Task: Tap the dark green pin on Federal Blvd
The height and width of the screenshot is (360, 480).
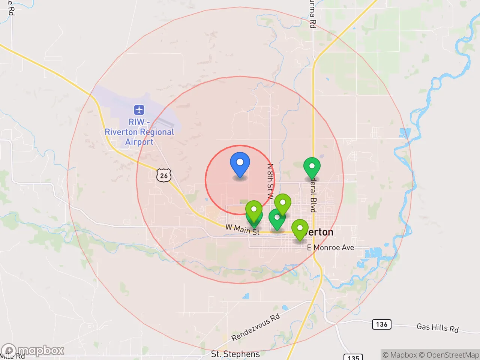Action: [312, 167]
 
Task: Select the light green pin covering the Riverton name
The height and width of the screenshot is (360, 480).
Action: [300, 229]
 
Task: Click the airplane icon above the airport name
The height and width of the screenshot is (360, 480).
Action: [139, 110]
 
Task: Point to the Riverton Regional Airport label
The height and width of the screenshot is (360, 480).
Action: [139, 132]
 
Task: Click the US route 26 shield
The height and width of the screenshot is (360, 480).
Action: [164, 175]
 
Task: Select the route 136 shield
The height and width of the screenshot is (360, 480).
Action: [381, 324]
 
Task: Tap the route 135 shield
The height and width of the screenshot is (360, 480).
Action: [353, 357]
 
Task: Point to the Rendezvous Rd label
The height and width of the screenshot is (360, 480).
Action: [255, 327]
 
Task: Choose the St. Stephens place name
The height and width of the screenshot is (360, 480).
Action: [235, 354]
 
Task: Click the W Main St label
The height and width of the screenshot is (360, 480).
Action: [242, 229]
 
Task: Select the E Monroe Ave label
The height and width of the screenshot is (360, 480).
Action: [330, 247]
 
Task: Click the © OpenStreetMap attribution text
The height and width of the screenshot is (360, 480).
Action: [449, 355]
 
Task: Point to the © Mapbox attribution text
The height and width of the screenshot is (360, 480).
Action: [400, 355]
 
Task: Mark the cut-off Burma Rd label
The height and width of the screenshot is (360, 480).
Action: [312, 14]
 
